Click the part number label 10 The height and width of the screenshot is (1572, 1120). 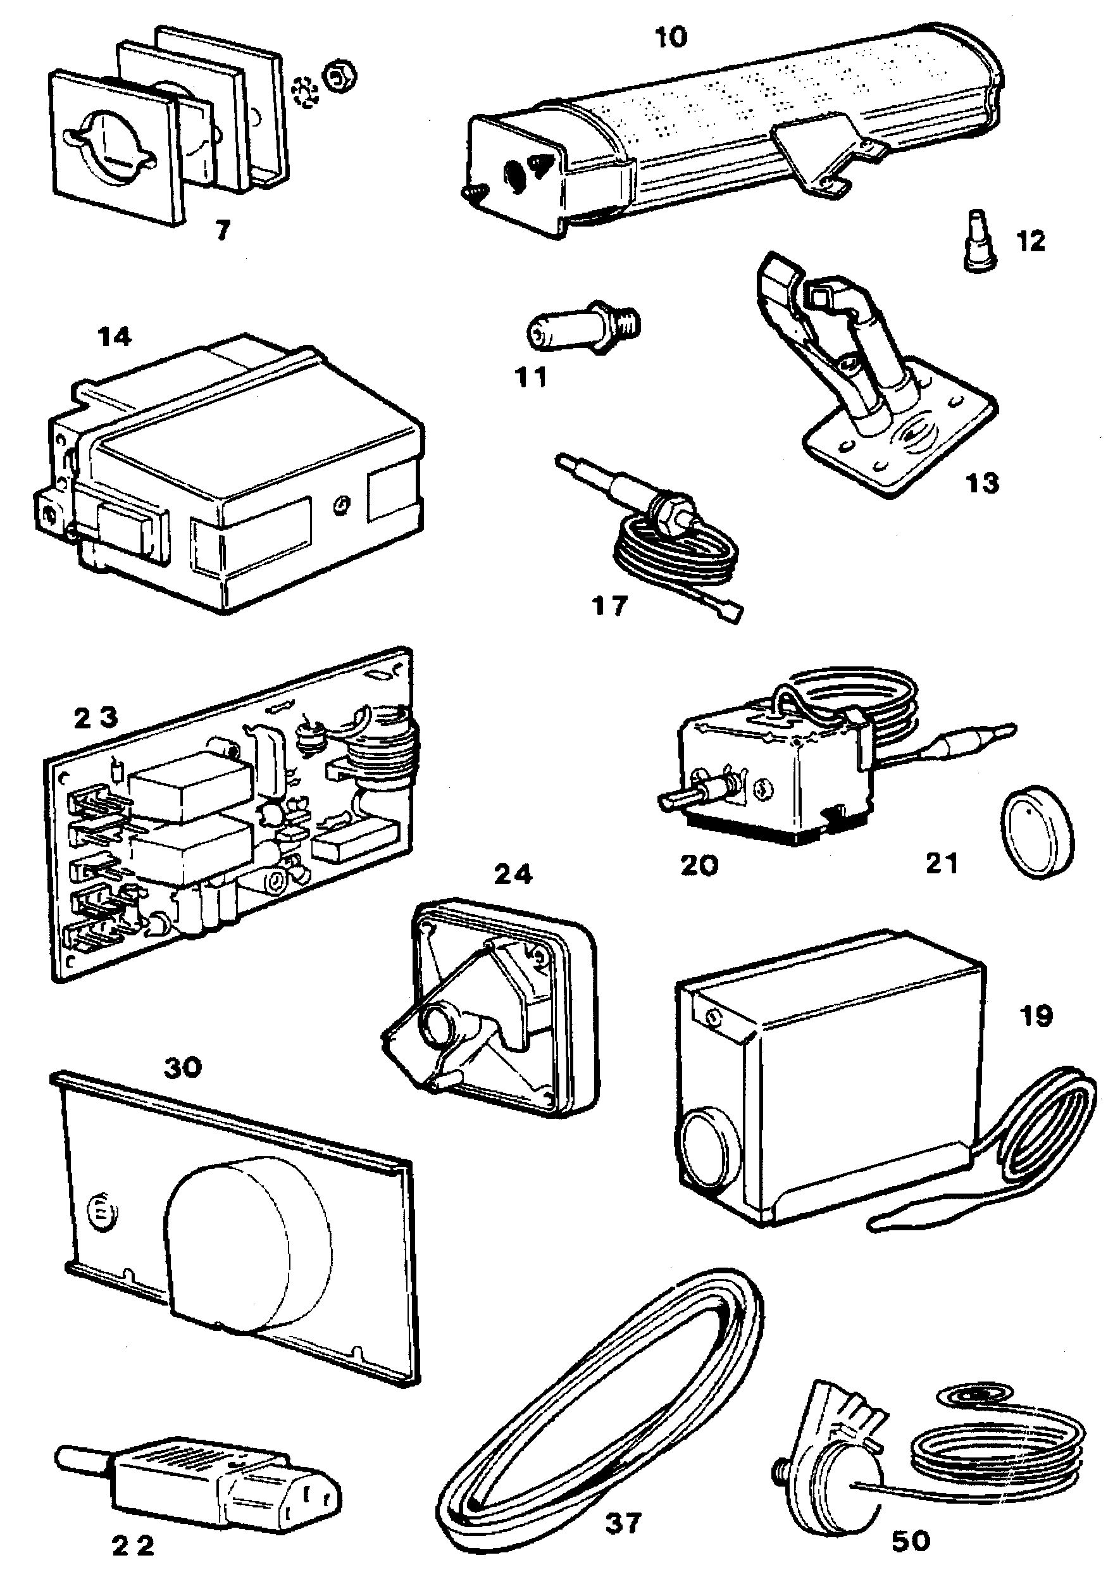pos(671,37)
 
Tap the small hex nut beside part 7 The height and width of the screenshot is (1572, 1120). pos(339,74)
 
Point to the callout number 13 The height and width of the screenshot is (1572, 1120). pos(982,483)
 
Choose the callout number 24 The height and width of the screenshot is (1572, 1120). pos(514,875)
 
